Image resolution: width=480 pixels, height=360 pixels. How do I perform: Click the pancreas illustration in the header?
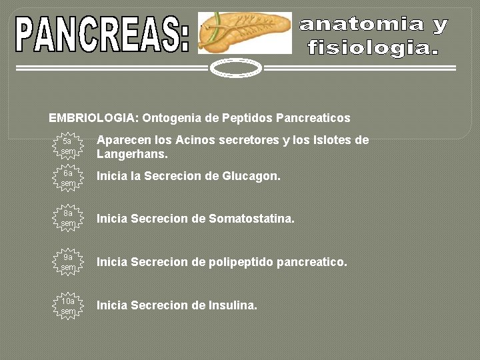click(245, 32)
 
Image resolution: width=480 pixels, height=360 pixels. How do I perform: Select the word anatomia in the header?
click(363, 25)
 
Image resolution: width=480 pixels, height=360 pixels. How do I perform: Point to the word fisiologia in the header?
click(372, 48)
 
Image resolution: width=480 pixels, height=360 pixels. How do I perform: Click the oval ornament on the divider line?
click(235, 68)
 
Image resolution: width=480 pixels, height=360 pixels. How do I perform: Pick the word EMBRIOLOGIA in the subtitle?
click(93, 118)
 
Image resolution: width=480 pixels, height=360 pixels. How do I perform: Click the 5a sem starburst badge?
click(68, 146)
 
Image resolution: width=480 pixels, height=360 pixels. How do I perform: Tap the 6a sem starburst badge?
click(68, 178)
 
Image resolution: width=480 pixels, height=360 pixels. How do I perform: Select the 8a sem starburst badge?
click(68, 219)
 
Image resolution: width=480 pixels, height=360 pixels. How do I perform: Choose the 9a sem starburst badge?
click(68, 262)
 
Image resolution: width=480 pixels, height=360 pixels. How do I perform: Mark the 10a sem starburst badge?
click(68, 305)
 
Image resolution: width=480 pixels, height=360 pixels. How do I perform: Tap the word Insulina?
click(234, 305)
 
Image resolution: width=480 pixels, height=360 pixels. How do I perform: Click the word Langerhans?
click(132, 154)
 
